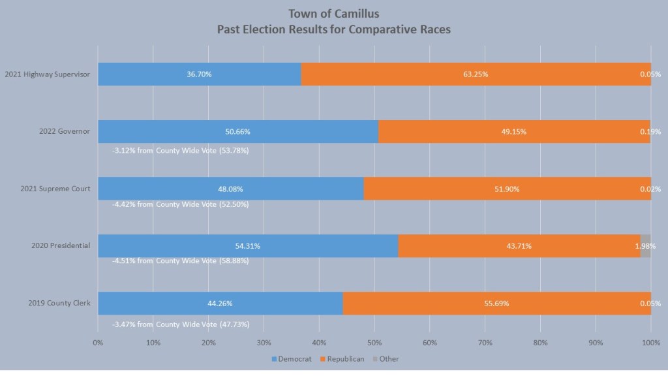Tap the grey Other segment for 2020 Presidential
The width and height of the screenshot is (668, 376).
click(645, 246)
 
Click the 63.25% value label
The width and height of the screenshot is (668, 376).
click(476, 74)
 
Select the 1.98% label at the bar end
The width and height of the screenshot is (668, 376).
click(645, 246)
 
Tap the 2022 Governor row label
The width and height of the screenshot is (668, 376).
click(64, 131)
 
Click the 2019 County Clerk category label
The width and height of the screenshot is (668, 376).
click(59, 304)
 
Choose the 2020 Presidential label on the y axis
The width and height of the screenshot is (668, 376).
click(61, 246)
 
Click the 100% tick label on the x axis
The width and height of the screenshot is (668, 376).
click(650, 342)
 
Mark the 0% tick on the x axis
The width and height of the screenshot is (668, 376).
click(98, 342)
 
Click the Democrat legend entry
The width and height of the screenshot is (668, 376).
click(290, 359)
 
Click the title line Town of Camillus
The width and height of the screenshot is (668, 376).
click(334, 14)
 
